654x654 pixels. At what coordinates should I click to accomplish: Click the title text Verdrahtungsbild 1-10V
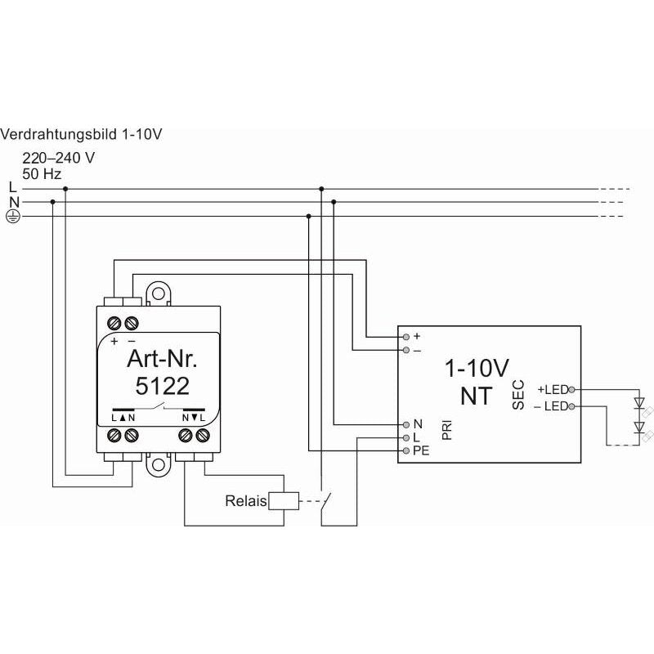[x=81, y=134]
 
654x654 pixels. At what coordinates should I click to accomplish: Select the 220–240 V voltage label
[x=58, y=158]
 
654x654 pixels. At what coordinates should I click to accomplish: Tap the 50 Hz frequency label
[x=42, y=174]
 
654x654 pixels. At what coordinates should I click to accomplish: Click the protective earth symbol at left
[x=13, y=216]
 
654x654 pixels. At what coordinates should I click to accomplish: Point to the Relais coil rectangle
[x=284, y=501]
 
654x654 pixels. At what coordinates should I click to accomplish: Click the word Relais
[x=246, y=501]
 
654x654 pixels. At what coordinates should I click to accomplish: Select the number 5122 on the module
[x=162, y=386]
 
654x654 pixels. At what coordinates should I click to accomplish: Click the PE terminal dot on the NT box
[x=406, y=451]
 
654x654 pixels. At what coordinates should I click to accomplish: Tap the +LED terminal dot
[x=571, y=390]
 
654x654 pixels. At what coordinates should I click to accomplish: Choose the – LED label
[x=551, y=405]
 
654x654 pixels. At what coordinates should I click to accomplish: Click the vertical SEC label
[x=518, y=395]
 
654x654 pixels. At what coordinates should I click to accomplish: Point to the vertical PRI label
[x=446, y=430]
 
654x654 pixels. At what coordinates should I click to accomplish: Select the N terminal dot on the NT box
[x=406, y=424]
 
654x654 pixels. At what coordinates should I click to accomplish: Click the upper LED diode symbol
[x=639, y=403]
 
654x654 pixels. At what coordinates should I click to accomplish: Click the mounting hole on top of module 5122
[x=158, y=293]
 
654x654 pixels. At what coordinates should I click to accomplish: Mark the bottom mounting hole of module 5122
[x=158, y=464]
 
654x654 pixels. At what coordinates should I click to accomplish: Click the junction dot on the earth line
[x=309, y=216]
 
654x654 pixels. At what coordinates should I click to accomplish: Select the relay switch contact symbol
[x=325, y=501]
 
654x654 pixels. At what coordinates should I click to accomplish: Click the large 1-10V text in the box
[x=477, y=369]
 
